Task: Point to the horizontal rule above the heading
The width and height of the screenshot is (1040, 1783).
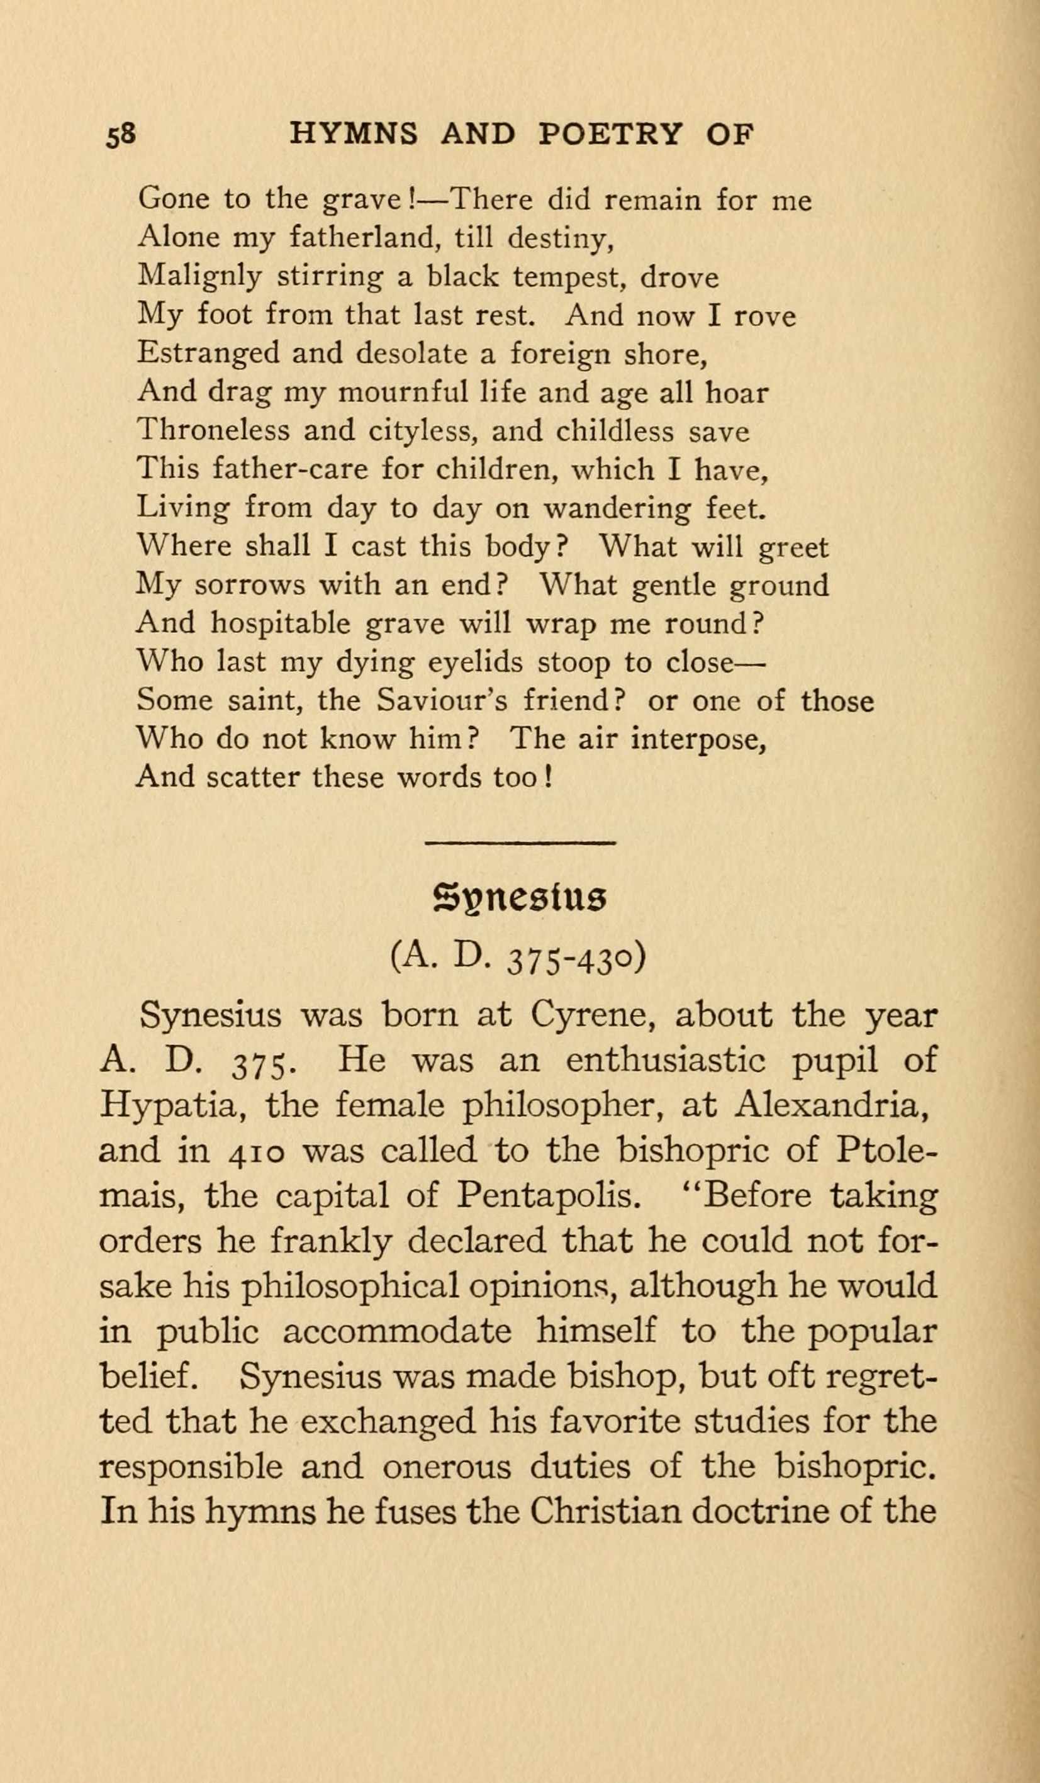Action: pyautogui.click(x=520, y=842)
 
